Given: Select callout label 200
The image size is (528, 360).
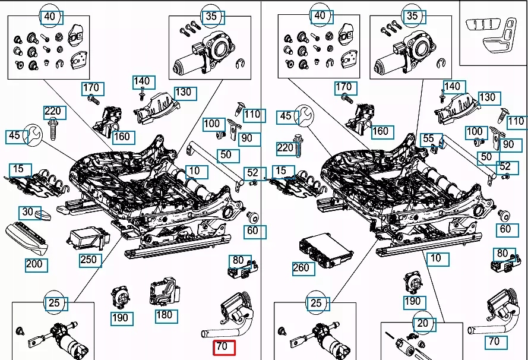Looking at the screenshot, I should coord(34,263).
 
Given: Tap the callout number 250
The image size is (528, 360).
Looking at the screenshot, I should coord(88,260).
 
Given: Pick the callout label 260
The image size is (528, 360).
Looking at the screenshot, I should coord(301,267).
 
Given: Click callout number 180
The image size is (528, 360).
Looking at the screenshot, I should coord(165,314).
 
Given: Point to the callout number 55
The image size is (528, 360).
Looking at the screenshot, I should coord(428,139).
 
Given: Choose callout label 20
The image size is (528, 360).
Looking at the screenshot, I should coord(422,324).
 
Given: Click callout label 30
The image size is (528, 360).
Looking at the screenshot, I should coord(27,212).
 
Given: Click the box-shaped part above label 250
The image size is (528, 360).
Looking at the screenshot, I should coord(87,239).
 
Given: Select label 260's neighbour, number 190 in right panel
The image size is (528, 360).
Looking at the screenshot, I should coord(412,301).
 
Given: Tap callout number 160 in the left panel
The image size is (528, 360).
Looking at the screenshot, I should coord(121,136).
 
